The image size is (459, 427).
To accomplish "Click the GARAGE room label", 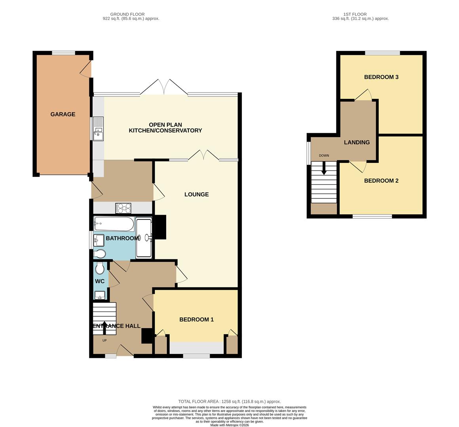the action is (x=63, y=114).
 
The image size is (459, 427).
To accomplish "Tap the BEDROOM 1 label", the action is (x=196, y=320).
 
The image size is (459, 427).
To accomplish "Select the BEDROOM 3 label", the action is (x=381, y=77).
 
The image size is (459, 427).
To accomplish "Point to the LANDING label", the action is (x=357, y=142).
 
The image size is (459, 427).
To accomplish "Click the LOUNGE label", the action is (x=196, y=195).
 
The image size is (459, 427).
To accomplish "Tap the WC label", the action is (x=100, y=282).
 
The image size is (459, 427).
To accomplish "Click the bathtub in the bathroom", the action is (x=114, y=224).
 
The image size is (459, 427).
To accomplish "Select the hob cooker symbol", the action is (x=123, y=208).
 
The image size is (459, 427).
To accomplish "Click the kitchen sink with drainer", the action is (x=99, y=128).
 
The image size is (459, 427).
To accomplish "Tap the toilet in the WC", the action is (x=100, y=268).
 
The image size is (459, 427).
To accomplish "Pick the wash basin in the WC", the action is (x=100, y=295).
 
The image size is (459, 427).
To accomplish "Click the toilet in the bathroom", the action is (x=100, y=254).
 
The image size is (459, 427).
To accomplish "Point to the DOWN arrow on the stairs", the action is (x=324, y=168).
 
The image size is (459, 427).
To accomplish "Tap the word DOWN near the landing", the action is (x=324, y=156).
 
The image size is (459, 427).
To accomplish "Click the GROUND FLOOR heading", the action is (x=127, y=14).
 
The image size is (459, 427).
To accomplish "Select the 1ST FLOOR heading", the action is (x=355, y=14).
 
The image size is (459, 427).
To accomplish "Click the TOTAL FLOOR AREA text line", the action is (x=229, y=402).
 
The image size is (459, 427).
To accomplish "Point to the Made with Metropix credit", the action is (x=229, y=425).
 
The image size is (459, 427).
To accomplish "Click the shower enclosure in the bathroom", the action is (x=144, y=238).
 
